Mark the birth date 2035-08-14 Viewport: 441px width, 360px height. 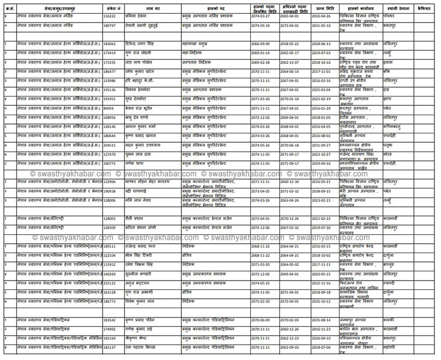pyautogui.click(x=320, y=319)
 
